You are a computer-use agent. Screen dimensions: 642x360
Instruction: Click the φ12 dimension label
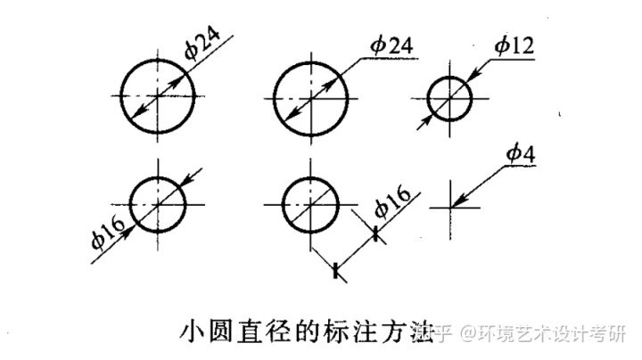coord(514,45)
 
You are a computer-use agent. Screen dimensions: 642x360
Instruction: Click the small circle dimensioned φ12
coord(450,96)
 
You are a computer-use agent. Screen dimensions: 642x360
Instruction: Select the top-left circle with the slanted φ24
coord(158,95)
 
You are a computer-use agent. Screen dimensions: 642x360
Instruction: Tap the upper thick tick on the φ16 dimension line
coord(376,233)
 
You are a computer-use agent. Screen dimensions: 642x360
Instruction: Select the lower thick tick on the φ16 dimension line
coord(336,269)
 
